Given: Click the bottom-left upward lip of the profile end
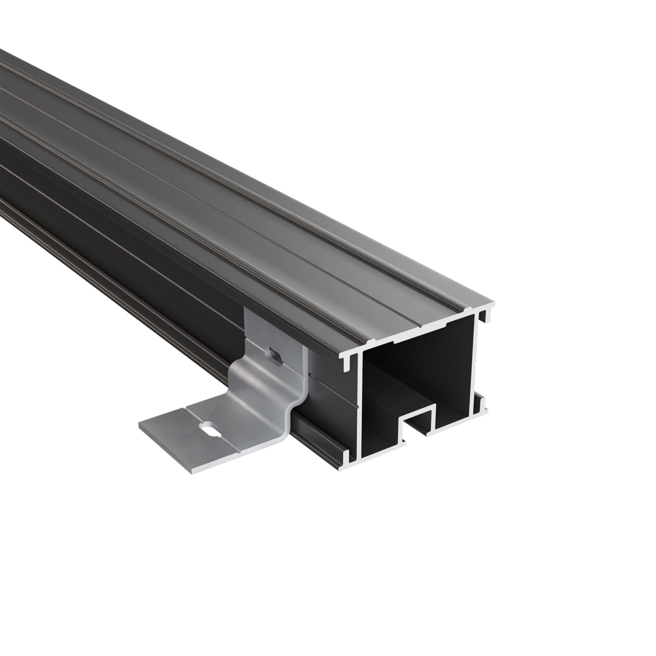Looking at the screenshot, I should tap(347, 455).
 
